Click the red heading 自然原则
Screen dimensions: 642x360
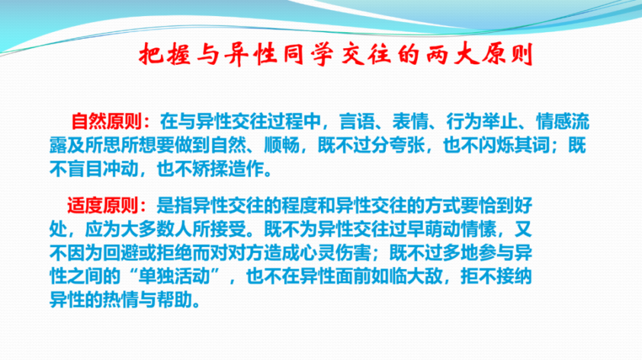[x=107, y=121]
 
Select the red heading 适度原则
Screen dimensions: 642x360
[x=103, y=205]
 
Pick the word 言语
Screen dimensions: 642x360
[x=357, y=121]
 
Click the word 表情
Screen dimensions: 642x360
[x=410, y=121]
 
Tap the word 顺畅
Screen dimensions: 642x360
[x=282, y=145]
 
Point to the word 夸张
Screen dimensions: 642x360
[x=408, y=145]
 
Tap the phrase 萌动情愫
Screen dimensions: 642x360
[x=461, y=229]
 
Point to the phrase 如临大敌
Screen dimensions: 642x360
[x=407, y=276]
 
